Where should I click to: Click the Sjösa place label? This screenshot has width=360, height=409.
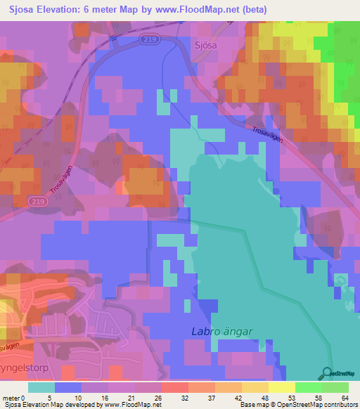tap(202, 44)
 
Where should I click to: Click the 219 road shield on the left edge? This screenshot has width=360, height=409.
tap(38, 201)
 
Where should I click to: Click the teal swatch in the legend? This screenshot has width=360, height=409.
tap(41, 387)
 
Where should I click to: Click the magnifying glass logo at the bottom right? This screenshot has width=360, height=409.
tap(328, 373)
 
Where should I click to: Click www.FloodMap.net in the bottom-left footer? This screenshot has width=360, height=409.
tap(132, 405)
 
